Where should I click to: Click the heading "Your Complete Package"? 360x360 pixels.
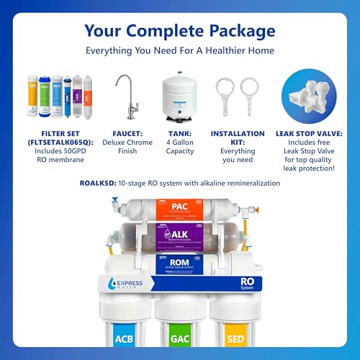click(x=179, y=31)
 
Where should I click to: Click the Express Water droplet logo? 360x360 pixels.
click(x=96, y=284)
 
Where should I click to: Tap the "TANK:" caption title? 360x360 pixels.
click(x=181, y=133)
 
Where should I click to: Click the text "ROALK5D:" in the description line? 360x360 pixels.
click(x=99, y=184)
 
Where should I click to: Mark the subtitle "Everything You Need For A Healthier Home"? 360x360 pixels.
click(x=179, y=52)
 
